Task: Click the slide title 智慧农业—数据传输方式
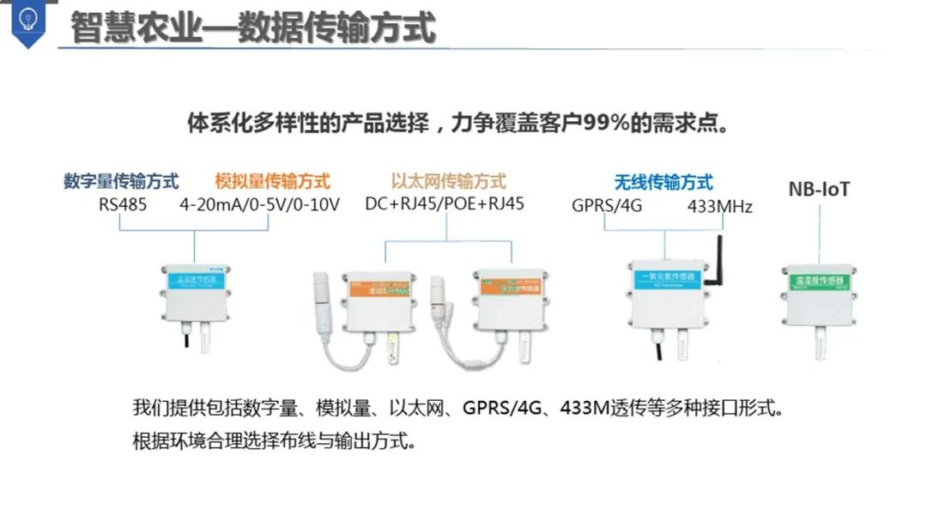(x=252, y=27)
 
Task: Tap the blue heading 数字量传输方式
(x=121, y=182)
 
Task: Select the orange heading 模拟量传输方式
(x=273, y=182)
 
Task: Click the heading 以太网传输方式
(x=448, y=181)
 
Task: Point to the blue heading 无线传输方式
(x=663, y=182)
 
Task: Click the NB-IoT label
(x=819, y=189)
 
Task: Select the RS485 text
(x=123, y=205)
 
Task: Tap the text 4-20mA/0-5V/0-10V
(x=259, y=205)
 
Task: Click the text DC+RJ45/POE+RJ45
(x=445, y=204)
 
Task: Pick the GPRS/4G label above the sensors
(x=607, y=206)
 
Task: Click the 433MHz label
(x=719, y=207)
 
